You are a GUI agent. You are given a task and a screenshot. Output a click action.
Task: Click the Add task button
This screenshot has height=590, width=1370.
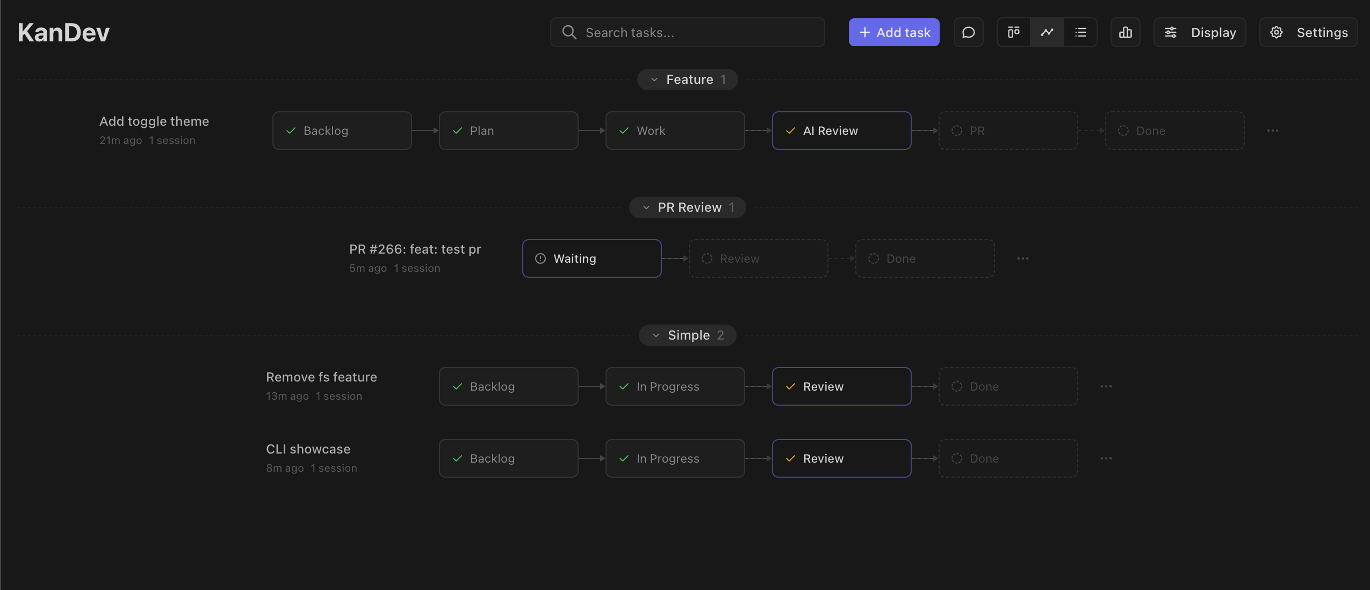click(894, 32)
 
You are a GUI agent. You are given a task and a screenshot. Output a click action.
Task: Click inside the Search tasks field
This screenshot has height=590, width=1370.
click(688, 32)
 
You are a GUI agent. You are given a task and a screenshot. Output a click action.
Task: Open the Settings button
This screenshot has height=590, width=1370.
click(1309, 32)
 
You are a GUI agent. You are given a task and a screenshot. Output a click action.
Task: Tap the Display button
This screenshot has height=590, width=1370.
click(1200, 32)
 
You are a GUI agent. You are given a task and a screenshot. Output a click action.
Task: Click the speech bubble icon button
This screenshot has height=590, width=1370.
click(969, 32)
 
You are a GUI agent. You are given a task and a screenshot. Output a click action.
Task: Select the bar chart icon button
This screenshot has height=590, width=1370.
click(1126, 32)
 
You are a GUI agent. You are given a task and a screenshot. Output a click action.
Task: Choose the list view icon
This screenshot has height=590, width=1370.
click(1080, 32)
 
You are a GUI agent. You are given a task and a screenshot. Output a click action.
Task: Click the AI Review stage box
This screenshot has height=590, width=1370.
click(842, 131)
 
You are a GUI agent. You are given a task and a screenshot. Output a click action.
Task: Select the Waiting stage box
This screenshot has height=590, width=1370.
click(592, 258)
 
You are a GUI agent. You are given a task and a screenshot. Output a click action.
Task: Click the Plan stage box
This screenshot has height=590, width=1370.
click(509, 131)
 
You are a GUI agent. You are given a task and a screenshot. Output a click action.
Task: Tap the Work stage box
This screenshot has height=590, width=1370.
click(675, 131)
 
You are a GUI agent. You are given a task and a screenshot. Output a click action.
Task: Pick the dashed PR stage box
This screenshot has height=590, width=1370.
click(1008, 131)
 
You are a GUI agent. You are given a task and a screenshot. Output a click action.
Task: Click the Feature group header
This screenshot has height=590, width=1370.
click(688, 80)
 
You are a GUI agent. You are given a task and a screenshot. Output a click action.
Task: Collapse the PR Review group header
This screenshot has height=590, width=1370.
click(688, 207)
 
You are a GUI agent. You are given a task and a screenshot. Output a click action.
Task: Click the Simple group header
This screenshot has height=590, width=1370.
click(688, 335)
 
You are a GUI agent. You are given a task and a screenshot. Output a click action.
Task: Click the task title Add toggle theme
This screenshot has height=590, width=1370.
click(154, 121)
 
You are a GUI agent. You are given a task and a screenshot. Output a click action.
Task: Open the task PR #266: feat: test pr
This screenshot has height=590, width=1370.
click(415, 249)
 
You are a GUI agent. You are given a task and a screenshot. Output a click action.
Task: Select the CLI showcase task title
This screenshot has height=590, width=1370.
click(308, 449)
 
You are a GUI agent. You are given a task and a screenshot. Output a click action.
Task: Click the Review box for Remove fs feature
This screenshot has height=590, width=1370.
click(842, 386)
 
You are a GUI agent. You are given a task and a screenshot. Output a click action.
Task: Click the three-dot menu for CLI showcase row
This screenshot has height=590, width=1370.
click(1106, 458)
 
